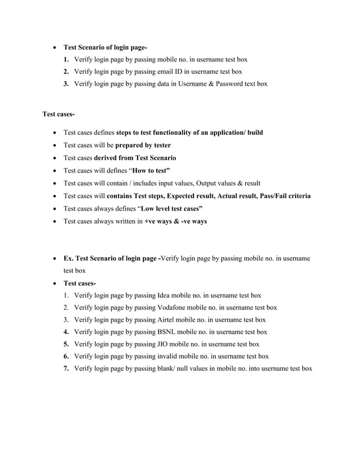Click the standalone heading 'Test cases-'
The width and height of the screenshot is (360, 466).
coord(58,115)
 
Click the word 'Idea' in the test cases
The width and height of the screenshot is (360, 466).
coord(163,295)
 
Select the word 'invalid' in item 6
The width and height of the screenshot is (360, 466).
coord(167,356)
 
